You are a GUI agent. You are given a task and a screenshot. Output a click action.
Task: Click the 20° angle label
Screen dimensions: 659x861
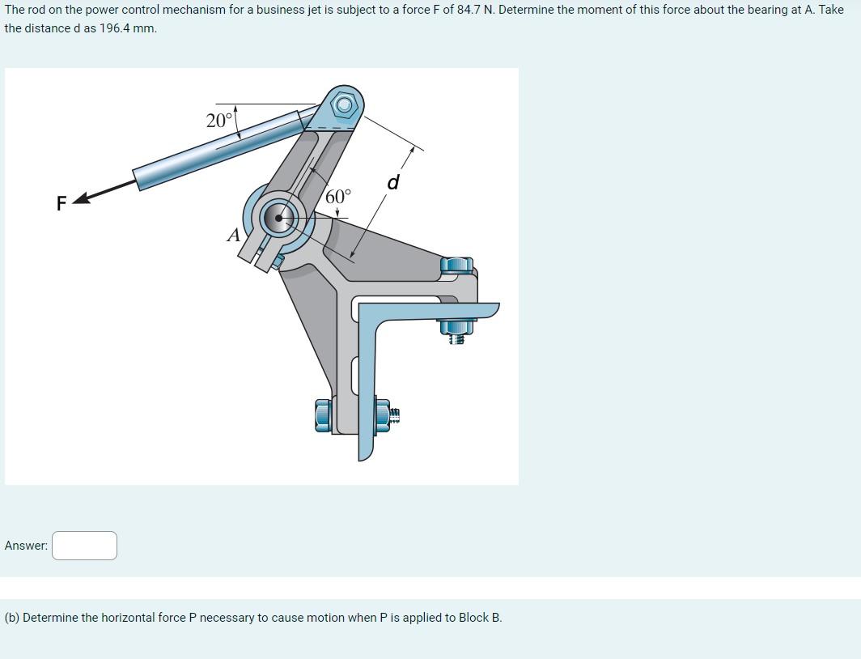[218, 121]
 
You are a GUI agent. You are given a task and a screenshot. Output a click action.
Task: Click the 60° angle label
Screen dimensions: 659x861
[339, 197]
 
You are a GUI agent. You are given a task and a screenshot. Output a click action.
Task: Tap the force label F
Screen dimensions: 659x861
[61, 203]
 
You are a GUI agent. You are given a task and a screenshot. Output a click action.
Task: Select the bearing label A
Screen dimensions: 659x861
[234, 236]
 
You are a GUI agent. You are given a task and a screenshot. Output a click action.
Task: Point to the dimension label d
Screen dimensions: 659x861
[393, 183]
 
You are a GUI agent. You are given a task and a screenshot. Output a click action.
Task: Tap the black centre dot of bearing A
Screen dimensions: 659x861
[279, 217]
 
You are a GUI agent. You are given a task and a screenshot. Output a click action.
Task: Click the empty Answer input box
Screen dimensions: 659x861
[85, 546]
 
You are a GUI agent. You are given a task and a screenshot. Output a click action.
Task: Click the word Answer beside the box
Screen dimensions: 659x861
[26, 546]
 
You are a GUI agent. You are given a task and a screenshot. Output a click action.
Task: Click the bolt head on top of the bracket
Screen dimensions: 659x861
[457, 265]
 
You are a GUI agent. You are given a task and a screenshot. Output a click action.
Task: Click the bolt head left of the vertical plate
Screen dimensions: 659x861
[323, 415]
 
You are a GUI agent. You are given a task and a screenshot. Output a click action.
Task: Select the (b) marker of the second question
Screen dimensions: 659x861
[12, 618]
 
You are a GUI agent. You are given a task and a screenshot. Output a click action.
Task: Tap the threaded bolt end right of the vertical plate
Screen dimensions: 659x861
[392, 415]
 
